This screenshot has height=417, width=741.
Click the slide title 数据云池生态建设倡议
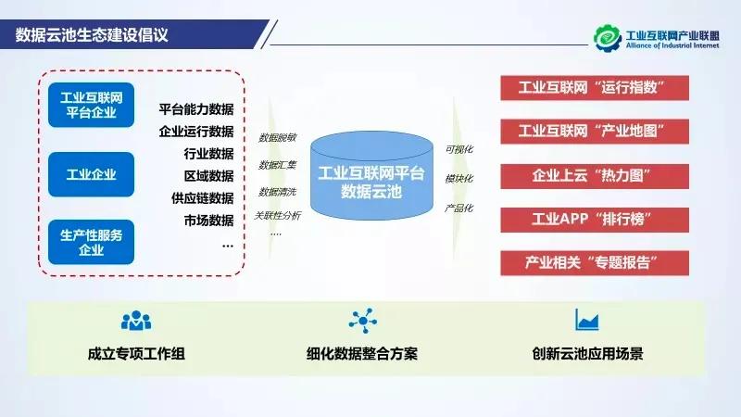92,36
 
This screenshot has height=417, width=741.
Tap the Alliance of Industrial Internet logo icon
609,36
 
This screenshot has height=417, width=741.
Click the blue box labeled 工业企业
91,174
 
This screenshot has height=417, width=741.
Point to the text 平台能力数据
195,108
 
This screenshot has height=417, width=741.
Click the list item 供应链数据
202,198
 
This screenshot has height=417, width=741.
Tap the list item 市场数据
208,221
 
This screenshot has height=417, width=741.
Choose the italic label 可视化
458,148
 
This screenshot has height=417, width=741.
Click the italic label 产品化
458,208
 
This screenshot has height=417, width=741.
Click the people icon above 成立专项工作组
135,321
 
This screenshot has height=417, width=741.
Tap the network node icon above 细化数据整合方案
362,321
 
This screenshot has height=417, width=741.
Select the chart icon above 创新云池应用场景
586,320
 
